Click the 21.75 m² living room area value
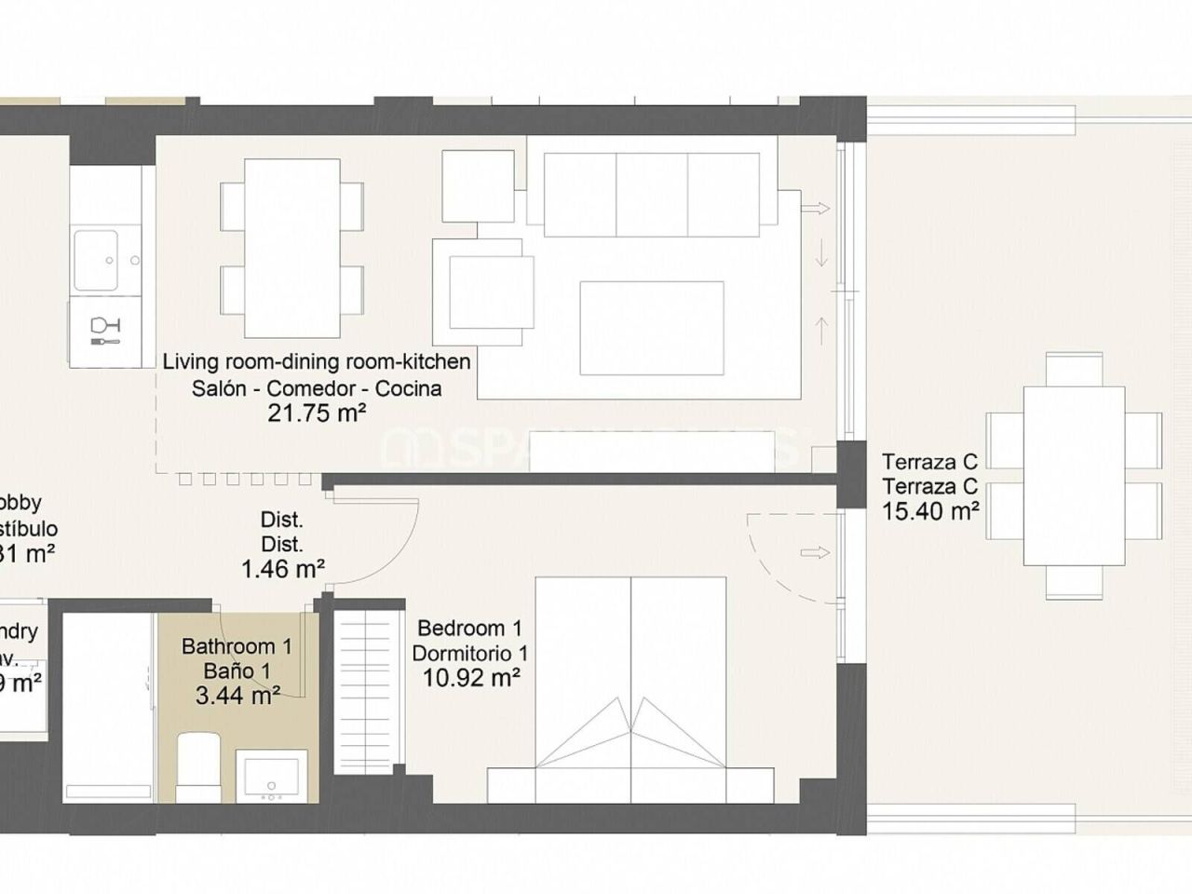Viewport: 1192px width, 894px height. tap(316, 413)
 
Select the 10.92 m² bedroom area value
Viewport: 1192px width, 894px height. tap(470, 678)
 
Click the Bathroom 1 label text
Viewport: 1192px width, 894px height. tap(237, 646)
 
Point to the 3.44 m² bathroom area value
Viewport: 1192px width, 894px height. tap(237, 695)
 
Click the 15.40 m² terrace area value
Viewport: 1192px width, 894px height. tap(930, 510)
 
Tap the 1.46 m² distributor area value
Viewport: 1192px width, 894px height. tap(282, 568)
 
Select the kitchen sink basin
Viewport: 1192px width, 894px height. tap(96, 260)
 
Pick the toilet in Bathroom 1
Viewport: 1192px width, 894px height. tap(196, 765)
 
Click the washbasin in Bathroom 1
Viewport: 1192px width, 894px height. tap(271, 775)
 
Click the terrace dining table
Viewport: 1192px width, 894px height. tap(1073, 476)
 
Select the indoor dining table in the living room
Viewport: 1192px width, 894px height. tap(291, 248)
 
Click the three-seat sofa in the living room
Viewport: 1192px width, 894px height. tap(651, 194)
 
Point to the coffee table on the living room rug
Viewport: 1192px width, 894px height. tap(651, 327)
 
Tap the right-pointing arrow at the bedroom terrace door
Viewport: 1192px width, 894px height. tap(814, 552)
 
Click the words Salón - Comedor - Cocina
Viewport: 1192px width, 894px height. tap(316, 388)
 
